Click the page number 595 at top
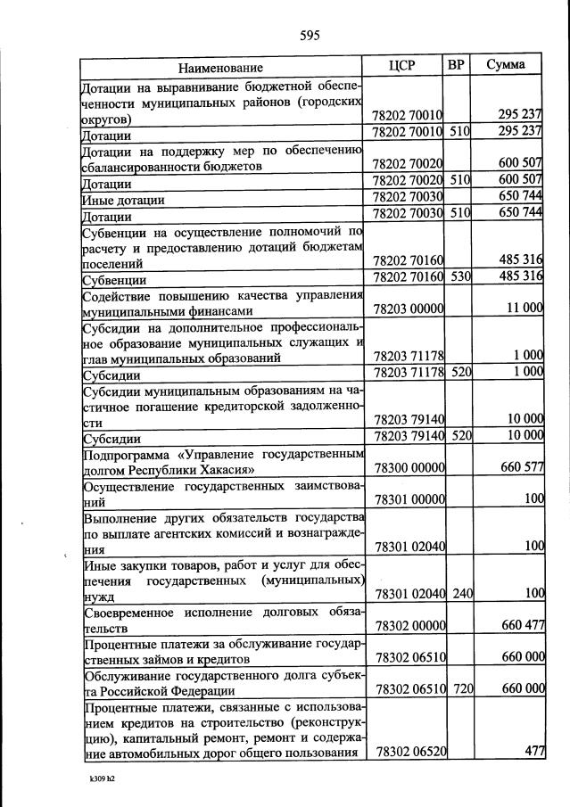(x=310, y=36)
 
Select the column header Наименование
(x=220, y=68)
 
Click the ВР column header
(x=456, y=65)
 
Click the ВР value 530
(x=459, y=276)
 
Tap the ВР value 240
(x=459, y=593)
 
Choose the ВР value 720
(x=459, y=688)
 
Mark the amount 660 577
(x=523, y=469)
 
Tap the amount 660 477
(x=523, y=625)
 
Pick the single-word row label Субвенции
(x=114, y=279)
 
